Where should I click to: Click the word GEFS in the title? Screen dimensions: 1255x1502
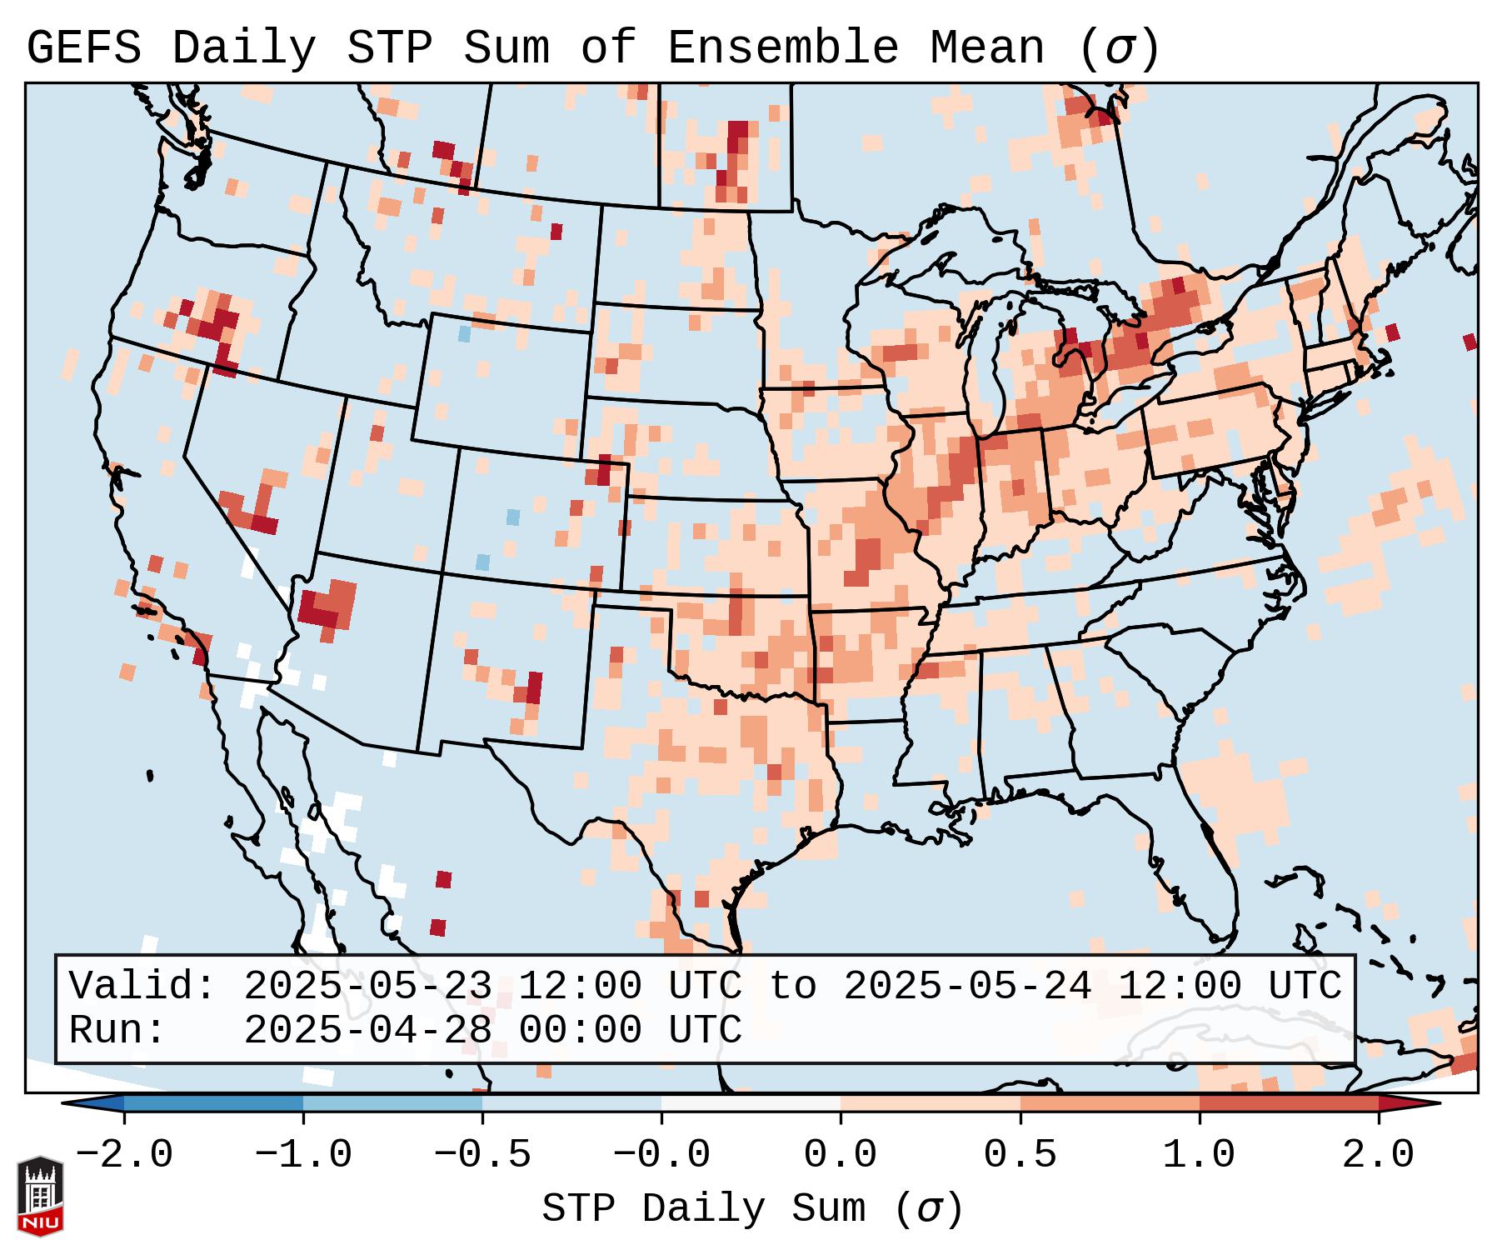tap(83, 49)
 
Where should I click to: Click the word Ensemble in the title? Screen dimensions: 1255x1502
tap(782, 49)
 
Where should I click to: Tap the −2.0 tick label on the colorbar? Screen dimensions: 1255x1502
tap(124, 1156)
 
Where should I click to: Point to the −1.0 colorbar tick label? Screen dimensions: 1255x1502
tap(303, 1156)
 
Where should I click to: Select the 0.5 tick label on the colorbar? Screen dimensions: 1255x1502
tap(1020, 1156)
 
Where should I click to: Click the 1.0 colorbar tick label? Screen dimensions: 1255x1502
tap(1200, 1156)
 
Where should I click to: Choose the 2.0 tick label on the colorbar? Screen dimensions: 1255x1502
tap(1379, 1156)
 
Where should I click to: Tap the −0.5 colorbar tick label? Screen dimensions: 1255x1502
tap(482, 1156)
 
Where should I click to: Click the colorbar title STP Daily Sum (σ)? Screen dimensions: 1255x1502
tap(752, 1209)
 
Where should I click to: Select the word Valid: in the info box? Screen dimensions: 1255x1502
tap(142, 987)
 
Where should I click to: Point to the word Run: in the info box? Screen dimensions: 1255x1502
tap(117, 1031)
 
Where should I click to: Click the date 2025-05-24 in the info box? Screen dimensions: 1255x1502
tap(967, 987)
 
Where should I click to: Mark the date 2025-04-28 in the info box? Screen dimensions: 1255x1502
tap(368, 1031)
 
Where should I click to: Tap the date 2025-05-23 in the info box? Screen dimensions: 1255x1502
tap(368, 987)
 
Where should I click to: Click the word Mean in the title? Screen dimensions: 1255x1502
tap(986, 49)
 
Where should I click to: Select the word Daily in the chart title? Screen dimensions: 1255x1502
tap(243, 49)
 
